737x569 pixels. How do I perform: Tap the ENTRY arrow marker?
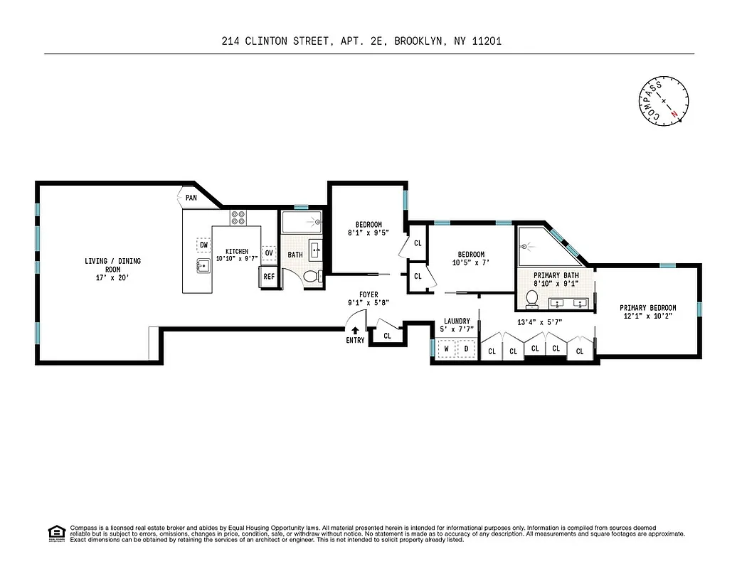355,330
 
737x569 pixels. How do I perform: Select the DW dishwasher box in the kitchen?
203,245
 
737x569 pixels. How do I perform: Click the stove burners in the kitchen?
238,217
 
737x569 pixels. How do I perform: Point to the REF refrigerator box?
269,277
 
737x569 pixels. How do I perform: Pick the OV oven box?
269,252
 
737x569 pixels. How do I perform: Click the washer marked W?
447,349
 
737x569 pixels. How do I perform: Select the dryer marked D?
466,349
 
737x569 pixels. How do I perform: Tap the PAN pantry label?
191,198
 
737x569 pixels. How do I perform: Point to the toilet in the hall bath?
309,275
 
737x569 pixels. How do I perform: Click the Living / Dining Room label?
112,265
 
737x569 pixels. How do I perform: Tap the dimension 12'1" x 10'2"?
647,317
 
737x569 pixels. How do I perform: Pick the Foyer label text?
368,294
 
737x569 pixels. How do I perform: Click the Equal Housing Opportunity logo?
55,532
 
